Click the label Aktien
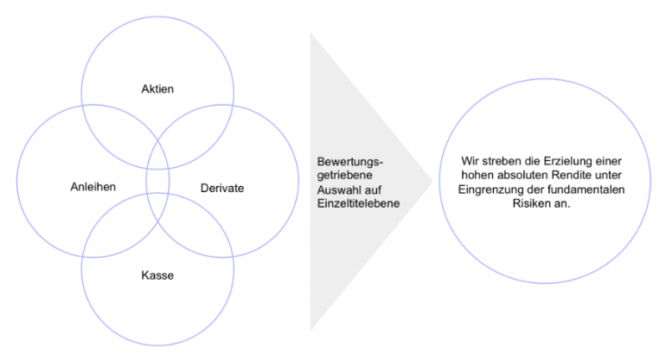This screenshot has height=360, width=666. pos(157,89)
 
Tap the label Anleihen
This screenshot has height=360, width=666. pos(93,187)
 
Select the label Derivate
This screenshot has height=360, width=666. pos(222,189)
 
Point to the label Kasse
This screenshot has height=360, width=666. pos(157,275)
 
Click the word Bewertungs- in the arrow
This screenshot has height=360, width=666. pos(350,162)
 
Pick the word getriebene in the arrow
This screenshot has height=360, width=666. pos(345,176)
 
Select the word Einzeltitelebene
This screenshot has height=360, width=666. pos(358,203)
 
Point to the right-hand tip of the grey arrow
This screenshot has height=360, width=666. pos(432,182)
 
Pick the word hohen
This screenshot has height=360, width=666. pos(477,175)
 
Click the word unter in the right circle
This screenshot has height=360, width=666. pos(608,175)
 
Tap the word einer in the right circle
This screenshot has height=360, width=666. pos(609,162)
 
